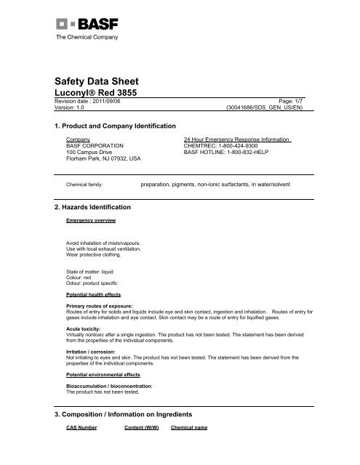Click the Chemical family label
coord(84,185)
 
